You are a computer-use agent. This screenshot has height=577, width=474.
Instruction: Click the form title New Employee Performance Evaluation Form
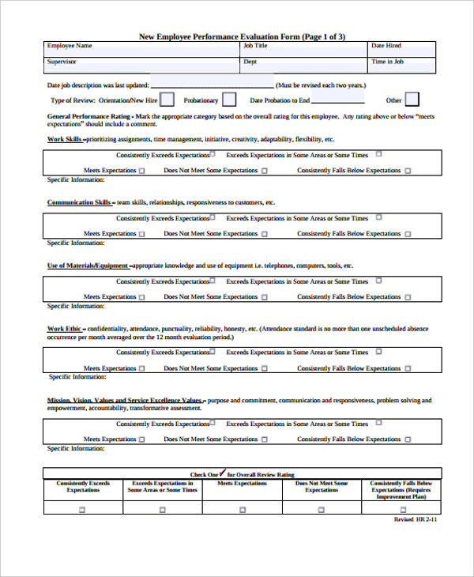[x=242, y=36]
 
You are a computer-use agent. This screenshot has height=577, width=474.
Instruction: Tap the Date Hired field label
[x=386, y=46]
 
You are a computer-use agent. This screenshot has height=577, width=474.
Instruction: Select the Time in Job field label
[x=388, y=61]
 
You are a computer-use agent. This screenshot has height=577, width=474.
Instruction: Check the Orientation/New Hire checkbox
[x=168, y=100]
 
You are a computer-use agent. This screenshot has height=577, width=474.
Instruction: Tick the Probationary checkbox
[x=228, y=100]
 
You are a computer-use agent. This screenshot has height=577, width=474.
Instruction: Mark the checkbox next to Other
[x=412, y=100]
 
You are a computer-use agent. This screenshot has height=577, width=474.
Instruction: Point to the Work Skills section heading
[x=65, y=139]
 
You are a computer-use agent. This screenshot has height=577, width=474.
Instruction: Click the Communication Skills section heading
[x=80, y=202]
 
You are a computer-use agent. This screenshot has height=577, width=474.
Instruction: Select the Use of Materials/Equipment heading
[x=88, y=266]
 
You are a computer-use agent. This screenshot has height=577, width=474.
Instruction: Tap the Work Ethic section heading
[x=66, y=328]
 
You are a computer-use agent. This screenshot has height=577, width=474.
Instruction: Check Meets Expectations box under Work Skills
[x=142, y=171]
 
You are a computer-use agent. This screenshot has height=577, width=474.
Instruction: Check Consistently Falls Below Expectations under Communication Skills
[x=408, y=234]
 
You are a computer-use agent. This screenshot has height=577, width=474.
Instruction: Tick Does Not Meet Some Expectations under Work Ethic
[x=265, y=368]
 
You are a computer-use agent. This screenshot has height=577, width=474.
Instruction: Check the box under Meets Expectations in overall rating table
[x=242, y=510]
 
